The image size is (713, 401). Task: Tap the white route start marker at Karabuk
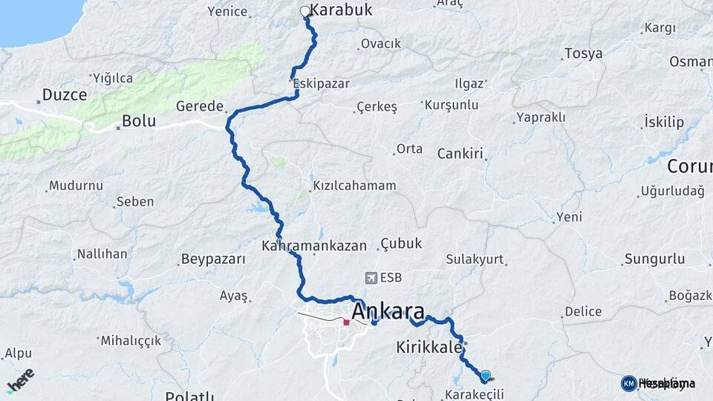coord(305,11)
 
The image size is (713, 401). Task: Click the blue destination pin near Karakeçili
coord(486,376)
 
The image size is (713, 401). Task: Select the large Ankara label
coord(388,310)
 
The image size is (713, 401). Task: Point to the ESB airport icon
coord(371,278)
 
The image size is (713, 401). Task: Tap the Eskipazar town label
coord(322,83)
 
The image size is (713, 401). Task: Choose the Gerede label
coord(200,106)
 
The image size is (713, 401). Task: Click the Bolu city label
coord(137,120)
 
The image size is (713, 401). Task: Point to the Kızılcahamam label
coord(354,185)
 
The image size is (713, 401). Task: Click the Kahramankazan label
coord(314,244)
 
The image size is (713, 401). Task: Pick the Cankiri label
coord(460,154)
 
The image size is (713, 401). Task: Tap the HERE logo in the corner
coord(20,379)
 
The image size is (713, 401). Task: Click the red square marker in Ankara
coord(346,322)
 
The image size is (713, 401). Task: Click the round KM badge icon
coord(628,383)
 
